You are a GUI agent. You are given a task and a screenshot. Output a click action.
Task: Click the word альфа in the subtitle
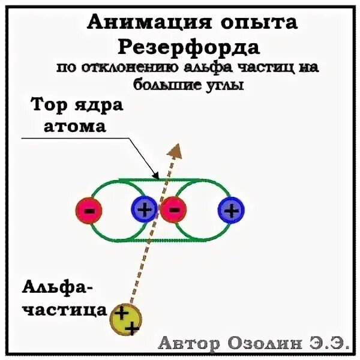(198, 68)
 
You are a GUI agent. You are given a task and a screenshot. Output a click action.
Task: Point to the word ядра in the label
(95, 106)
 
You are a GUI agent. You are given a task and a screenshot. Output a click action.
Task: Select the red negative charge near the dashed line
(174, 210)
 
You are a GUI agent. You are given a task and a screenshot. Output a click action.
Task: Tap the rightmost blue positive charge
(232, 210)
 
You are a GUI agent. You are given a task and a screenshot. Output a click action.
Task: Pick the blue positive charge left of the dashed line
(143, 210)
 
